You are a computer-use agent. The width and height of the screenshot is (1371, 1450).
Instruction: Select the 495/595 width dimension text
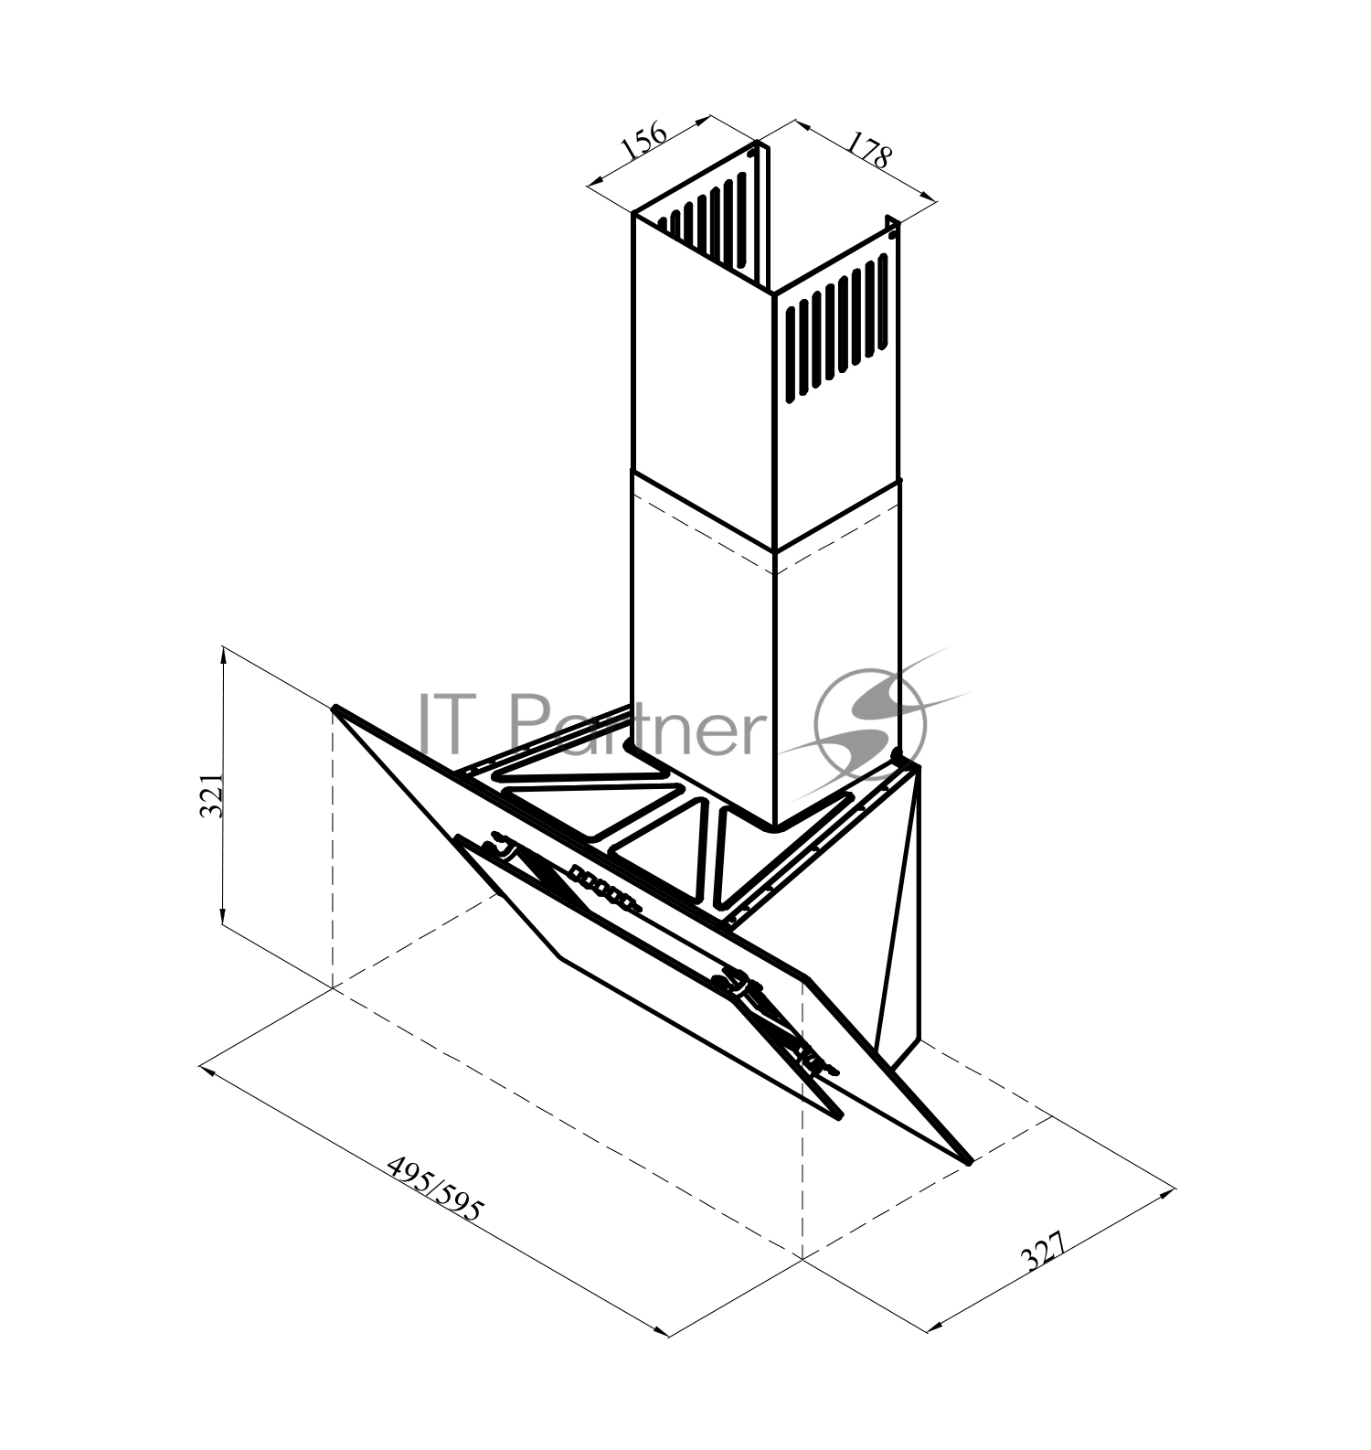pos(434,1189)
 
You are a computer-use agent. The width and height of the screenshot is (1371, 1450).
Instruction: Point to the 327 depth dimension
pos(1043,1253)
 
